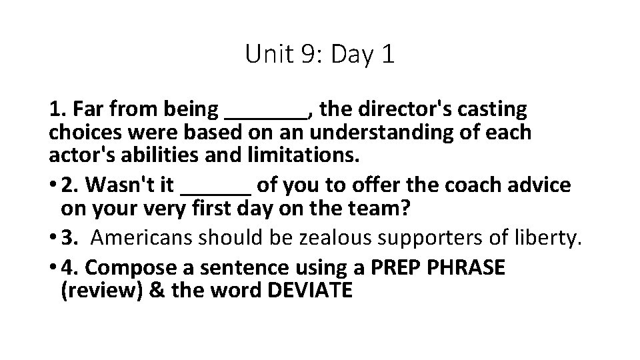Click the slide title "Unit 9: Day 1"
(x=319, y=53)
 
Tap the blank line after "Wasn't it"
(x=217, y=191)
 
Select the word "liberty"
(x=542, y=238)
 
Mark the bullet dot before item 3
(x=53, y=238)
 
